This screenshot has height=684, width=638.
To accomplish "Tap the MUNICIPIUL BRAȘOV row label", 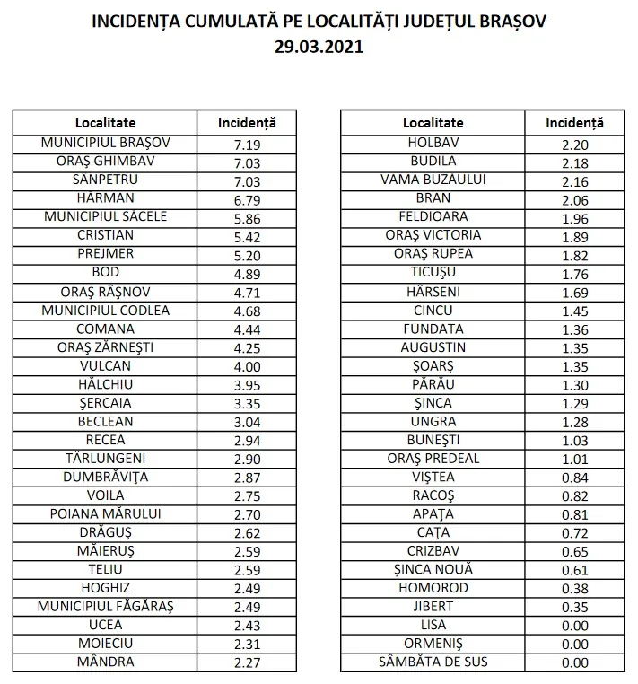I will tap(105, 143).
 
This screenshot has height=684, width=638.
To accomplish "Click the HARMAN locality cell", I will tap(105, 197).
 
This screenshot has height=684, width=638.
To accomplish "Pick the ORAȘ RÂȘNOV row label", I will tap(105, 292).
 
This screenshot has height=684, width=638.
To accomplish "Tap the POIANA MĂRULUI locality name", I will tap(105, 514).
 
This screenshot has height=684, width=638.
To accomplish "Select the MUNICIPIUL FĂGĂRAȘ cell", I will tap(105, 607).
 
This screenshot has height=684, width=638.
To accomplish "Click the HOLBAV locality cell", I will tap(433, 143).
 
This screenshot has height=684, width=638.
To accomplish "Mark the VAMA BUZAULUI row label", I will tap(433, 180).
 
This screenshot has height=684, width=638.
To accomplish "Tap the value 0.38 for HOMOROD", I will tap(574, 589).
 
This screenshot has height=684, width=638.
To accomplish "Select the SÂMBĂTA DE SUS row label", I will tap(433, 662).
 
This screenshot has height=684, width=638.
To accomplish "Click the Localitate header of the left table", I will tap(105, 122).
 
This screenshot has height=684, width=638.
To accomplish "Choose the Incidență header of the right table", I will tap(574, 122).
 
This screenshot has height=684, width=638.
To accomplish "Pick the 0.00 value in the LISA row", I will tap(574, 626).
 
